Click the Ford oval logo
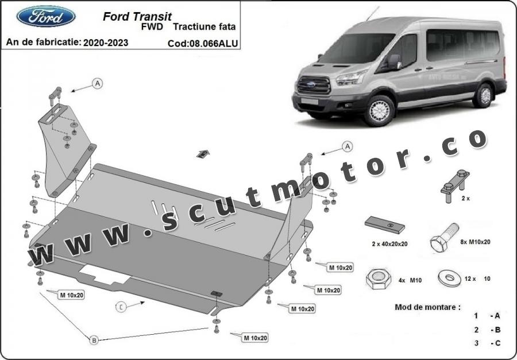(x=46, y=16)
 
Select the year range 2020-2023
(x=106, y=42)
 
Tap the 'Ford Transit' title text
(x=137, y=17)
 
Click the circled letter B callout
(x=94, y=340)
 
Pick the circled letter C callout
(x=121, y=307)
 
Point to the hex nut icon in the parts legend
(x=378, y=279)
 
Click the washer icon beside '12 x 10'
(x=449, y=278)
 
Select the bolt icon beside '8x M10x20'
(x=444, y=237)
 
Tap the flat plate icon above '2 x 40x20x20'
(x=384, y=225)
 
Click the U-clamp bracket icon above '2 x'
(x=455, y=186)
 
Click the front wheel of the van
(x=380, y=111)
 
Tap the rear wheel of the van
(x=484, y=96)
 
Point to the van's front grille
(x=314, y=85)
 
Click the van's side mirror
(x=393, y=61)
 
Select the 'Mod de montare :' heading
(x=427, y=307)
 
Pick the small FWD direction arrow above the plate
(x=203, y=154)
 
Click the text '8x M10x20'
(x=475, y=242)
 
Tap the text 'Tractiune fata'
(x=205, y=27)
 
